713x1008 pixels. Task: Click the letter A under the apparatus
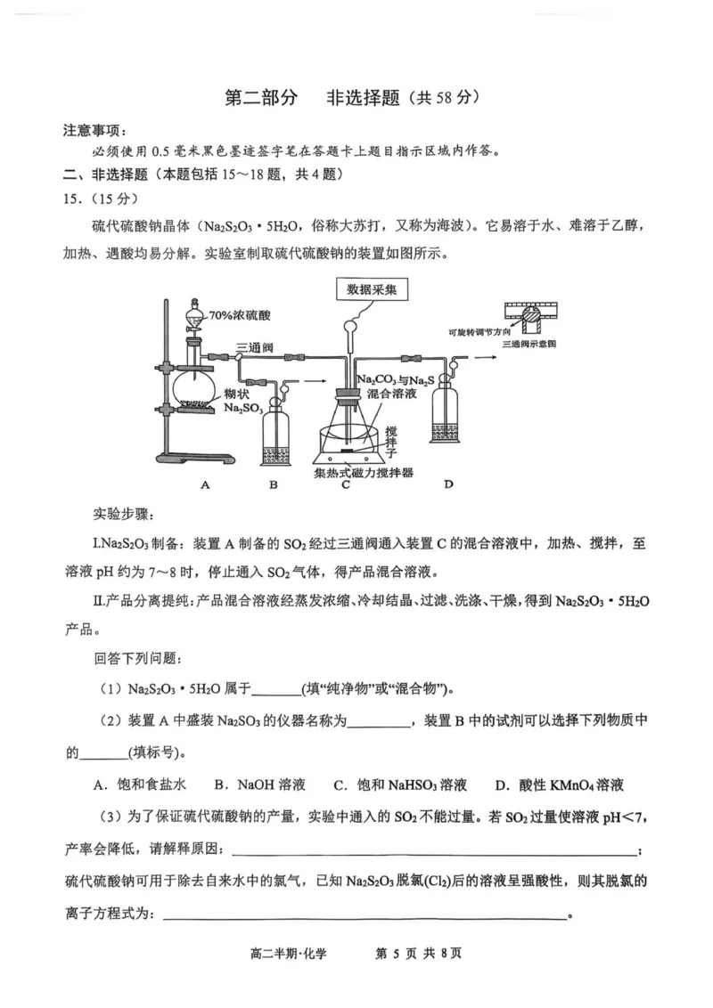[205, 484]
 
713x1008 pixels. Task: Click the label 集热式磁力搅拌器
[365, 473]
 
